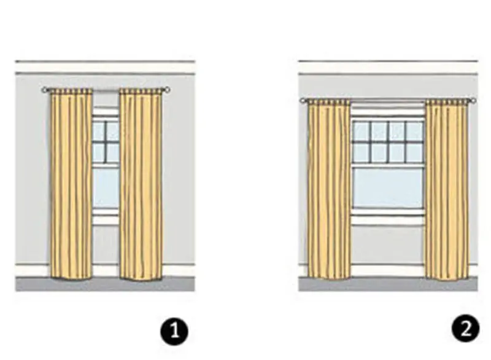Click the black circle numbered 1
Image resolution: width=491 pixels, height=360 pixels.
174,332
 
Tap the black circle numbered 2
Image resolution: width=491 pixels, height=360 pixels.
466,329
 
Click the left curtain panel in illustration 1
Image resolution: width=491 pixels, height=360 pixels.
71,184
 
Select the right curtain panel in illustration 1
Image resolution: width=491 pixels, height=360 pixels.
141,184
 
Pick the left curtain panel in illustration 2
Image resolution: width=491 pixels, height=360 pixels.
329,189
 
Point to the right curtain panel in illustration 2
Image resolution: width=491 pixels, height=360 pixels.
447,189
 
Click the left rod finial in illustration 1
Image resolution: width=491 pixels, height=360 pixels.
44,90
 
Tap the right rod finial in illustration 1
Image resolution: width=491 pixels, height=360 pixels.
167,90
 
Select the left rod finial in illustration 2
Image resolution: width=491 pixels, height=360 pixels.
303,101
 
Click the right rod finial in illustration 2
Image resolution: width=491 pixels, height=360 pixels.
473,101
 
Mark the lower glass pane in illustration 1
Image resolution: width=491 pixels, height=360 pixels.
106,188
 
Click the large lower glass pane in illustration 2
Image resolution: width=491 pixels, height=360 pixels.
388,188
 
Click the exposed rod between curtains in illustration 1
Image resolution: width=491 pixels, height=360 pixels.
106,90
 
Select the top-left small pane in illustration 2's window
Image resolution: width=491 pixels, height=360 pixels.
361,131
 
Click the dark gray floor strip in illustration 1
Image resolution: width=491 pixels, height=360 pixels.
105,284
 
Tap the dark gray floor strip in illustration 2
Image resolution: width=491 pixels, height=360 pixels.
388,284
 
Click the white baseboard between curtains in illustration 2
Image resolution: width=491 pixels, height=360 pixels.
388,270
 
